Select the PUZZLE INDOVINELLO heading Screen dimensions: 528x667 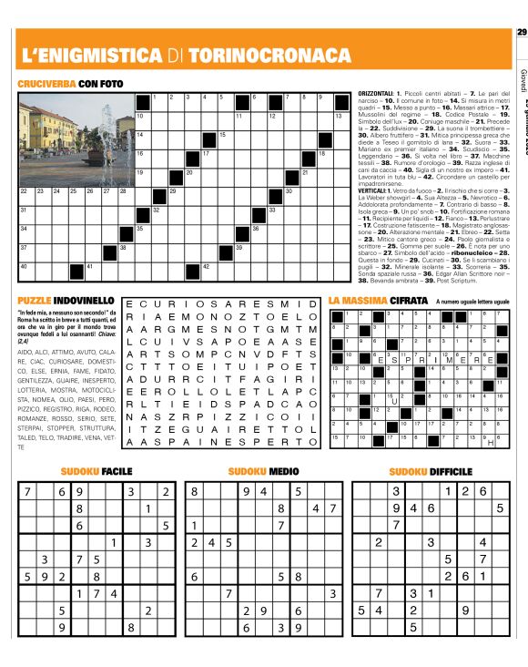coord(66,300)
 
